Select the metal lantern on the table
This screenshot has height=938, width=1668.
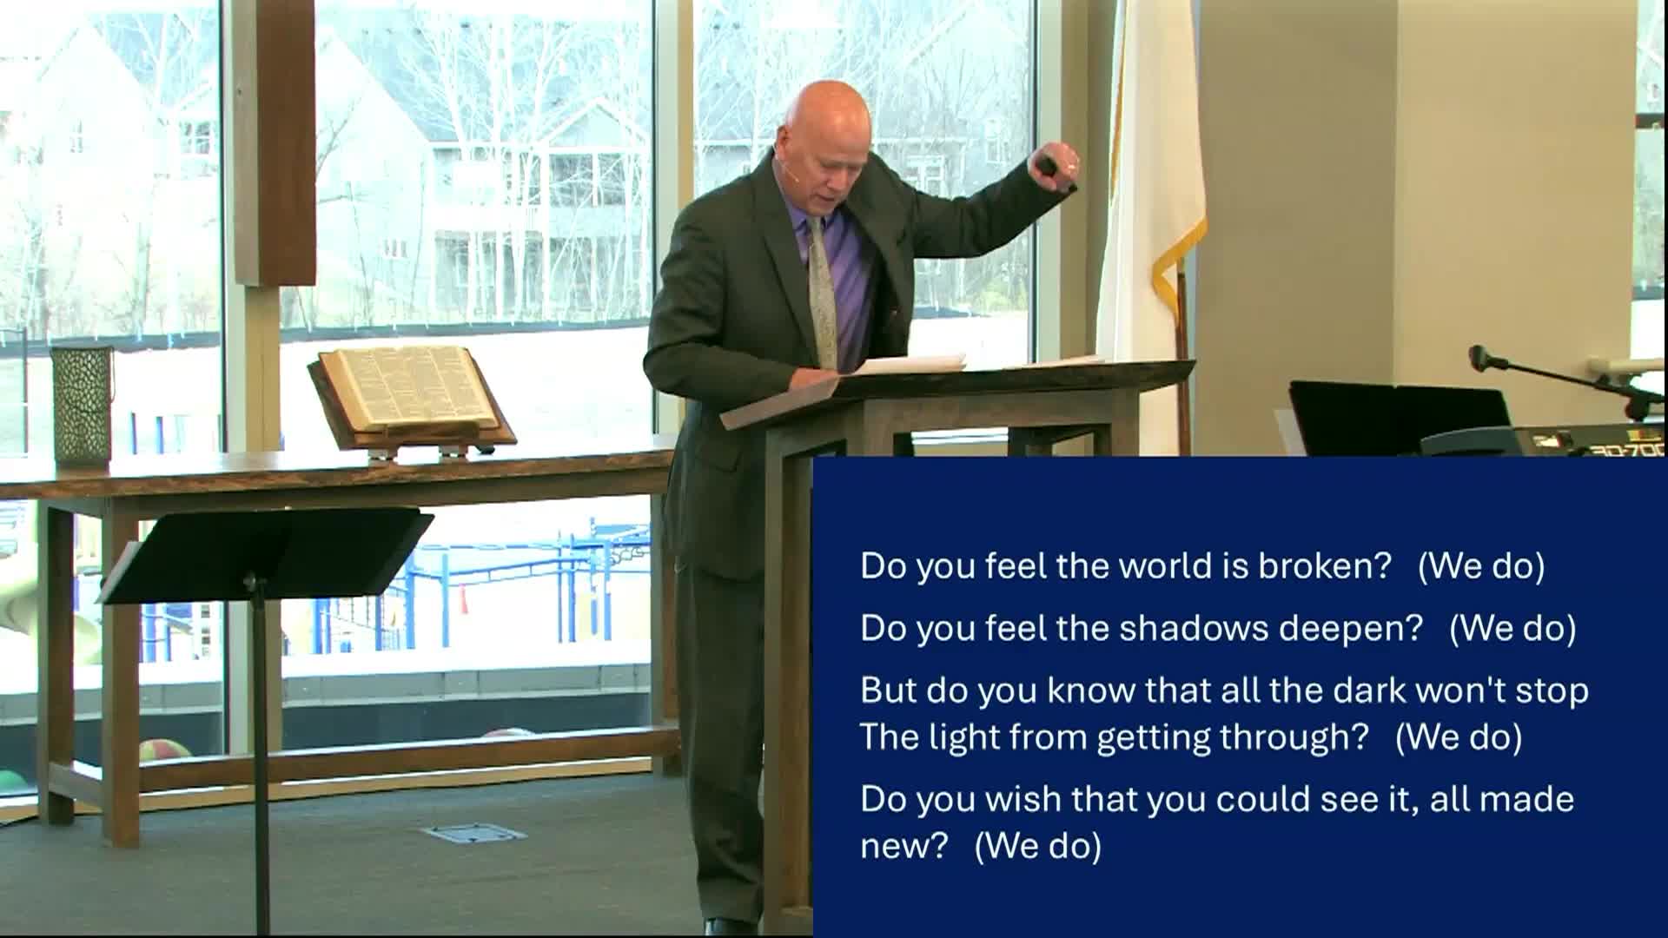(x=83, y=404)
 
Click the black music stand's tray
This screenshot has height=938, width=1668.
(x=266, y=556)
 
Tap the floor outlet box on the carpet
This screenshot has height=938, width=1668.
(x=473, y=834)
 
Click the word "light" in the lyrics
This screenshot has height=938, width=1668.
(x=963, y=737)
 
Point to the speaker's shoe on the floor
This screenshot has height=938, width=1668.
(x=730, y=927)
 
